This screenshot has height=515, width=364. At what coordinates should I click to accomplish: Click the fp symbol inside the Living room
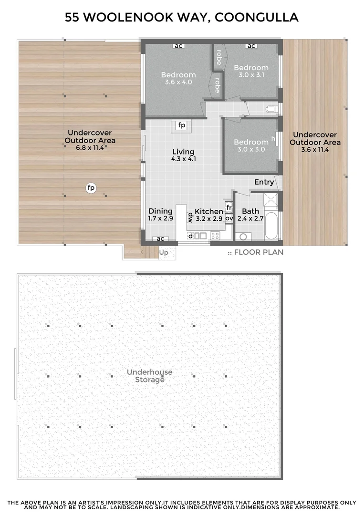181,125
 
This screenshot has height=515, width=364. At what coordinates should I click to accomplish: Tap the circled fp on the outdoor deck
91,188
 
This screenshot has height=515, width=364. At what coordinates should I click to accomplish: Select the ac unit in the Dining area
161,238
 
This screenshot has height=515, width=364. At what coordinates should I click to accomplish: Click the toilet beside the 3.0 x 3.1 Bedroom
272,109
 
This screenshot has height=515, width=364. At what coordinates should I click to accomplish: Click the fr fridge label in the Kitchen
229,207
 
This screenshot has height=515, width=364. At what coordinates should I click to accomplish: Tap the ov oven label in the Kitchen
229,218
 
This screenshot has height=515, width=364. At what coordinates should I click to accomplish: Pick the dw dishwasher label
189,217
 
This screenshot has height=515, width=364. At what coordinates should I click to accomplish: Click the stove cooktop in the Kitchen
215,235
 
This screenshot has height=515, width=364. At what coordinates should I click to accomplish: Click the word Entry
264,182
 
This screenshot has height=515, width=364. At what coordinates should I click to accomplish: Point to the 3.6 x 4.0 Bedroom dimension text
178,82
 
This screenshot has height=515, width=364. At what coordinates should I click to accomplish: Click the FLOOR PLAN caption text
259,252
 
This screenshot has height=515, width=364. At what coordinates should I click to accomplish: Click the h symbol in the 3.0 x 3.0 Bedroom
273,139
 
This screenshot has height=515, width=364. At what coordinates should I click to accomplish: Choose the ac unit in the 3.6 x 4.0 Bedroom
178,46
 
